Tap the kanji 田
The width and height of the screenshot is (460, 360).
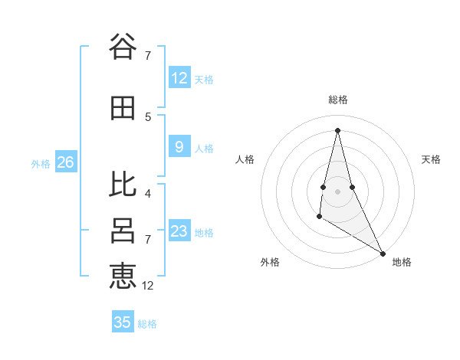123,109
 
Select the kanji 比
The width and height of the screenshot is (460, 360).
123,184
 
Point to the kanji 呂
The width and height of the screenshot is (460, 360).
123,231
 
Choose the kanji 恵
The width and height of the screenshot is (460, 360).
123,275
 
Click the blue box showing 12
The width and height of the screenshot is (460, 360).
179,78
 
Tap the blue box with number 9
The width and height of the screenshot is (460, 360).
179,148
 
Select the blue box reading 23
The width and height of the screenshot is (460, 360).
179,231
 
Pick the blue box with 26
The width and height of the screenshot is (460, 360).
65,162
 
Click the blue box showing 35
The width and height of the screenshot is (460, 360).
123,322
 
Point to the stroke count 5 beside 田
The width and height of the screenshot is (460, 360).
148,116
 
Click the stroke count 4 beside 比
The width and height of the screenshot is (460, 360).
148,193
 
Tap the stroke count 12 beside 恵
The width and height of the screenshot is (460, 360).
148,286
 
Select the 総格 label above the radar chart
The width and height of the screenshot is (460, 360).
337,100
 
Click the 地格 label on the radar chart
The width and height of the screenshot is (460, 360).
402,262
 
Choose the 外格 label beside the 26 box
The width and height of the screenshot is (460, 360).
41,163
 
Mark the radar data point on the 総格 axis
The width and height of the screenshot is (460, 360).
337,130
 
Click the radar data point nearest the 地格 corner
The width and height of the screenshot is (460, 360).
383,254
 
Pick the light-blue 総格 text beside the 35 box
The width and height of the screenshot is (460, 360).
147,324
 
